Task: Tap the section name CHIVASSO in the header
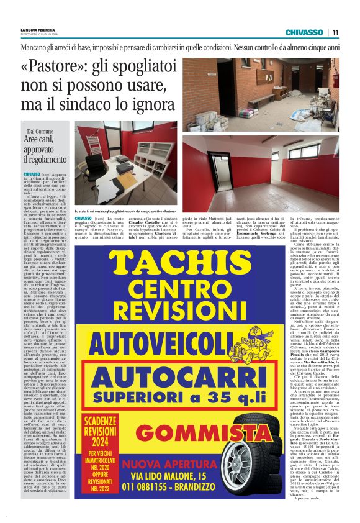click(304, 32)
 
